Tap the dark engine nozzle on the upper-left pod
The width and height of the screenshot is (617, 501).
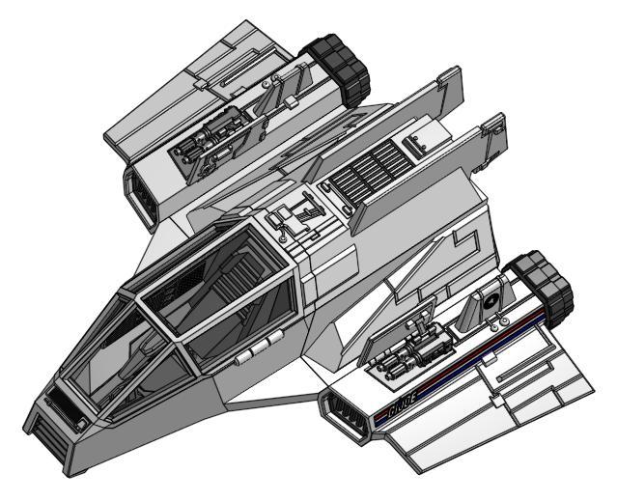339,62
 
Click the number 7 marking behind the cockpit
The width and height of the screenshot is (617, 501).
308,212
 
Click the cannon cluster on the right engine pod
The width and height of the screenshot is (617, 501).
409,352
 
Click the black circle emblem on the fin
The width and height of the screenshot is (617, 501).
491,299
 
